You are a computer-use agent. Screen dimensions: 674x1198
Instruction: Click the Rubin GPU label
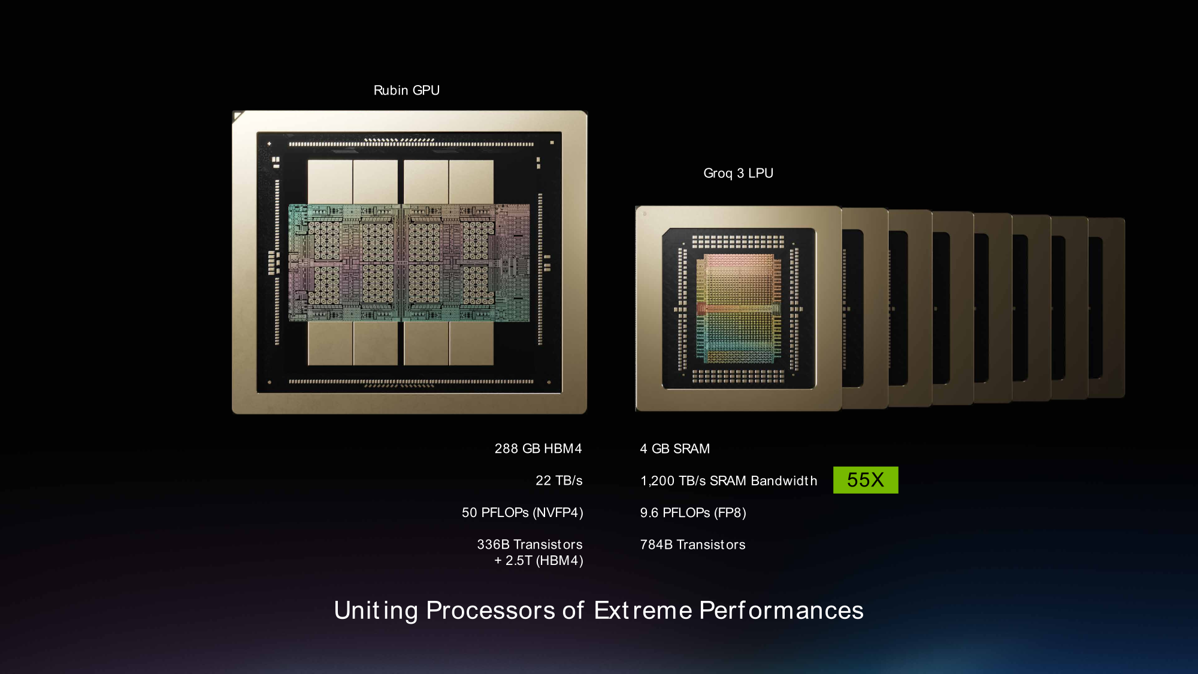click(x=407, y=90)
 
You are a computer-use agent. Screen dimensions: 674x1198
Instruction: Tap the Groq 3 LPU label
click(x=738, y=173)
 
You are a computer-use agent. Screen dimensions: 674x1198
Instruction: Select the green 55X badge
click(x=866, y=480)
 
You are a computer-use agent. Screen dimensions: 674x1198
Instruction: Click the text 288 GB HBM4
click(x=538, y=449)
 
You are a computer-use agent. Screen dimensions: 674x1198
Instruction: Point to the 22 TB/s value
click(x=559, y=480)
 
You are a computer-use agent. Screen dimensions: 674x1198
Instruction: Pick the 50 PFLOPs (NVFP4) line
click(x=522, y=513)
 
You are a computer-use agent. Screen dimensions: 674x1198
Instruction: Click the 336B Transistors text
click(x=530, y=545)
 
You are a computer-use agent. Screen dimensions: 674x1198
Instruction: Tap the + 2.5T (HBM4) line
click(x=539, y=561)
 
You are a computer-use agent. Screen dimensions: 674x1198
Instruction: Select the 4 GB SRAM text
click(x=674, y=449)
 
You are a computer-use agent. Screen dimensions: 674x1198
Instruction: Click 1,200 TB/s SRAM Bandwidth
click(x=728, y=481)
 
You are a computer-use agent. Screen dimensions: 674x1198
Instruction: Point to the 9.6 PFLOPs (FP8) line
click(x=693, y=513)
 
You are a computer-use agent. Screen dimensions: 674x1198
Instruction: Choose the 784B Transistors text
click(x=692, y=545)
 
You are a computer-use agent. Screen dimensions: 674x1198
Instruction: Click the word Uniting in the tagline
click(x=376, y=610)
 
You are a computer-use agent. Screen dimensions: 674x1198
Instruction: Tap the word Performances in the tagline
click(x=781, y=610)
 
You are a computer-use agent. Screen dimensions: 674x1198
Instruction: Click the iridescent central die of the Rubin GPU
click(x=409, y=262)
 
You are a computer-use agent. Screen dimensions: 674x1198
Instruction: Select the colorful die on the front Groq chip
click(x=739, y=309)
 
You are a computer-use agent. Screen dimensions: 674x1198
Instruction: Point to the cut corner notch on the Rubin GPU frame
click(x=238, y=116)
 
